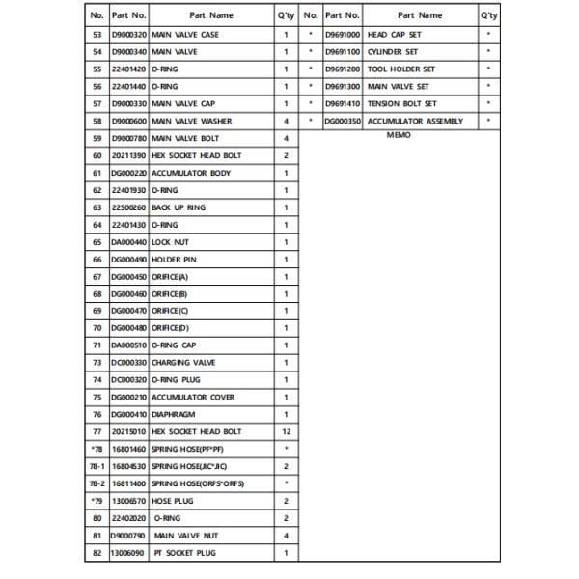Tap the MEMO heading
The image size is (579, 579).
coord(399,136)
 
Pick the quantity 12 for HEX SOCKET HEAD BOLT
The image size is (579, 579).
coord(286,431)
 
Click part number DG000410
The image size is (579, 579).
coord(128,415)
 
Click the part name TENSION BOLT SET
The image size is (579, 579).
coord(402,104)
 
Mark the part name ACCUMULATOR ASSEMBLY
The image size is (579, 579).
coord(415,122)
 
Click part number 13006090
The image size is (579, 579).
coord(128,553)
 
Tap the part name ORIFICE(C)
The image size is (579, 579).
coord(170,311)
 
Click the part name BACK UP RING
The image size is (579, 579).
coord(179,207)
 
